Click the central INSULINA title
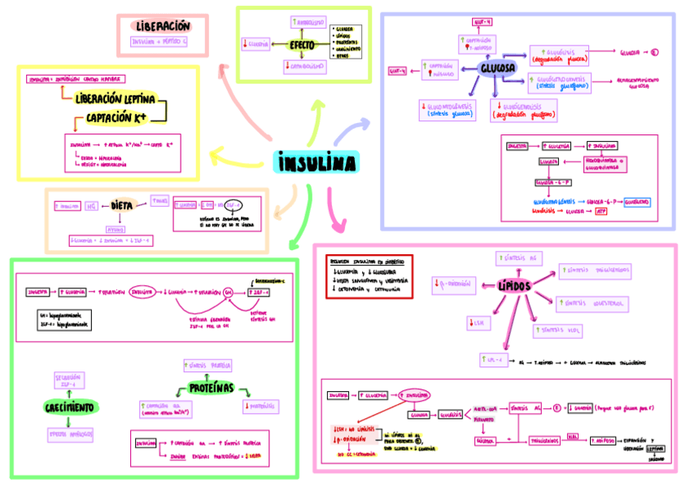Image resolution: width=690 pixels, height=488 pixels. tap(317, 163)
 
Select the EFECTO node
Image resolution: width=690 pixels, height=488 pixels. tap(302, 44)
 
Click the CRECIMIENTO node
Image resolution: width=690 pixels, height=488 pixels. tap(68, 406)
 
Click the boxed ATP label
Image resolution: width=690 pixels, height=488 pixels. tap(603, 210)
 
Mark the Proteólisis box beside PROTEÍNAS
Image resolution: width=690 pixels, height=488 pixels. tap(260, 404)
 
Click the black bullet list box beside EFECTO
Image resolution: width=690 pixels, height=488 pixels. tap(346, 43)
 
